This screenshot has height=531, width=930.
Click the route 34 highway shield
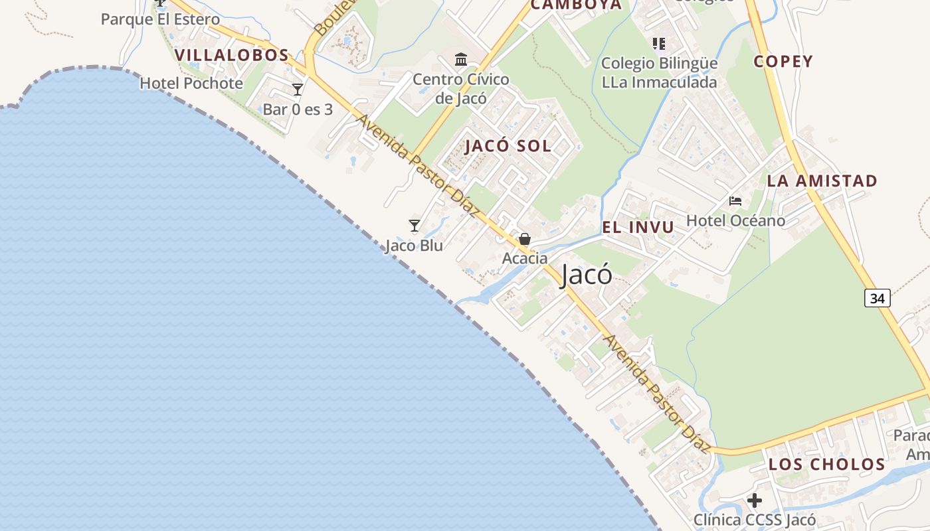(877, 299)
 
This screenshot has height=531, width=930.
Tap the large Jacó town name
(586, 275)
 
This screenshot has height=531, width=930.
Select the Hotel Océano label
(735, 220)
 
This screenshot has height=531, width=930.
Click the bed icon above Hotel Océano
(735, 200)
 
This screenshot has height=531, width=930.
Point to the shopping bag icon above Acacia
(525, 239)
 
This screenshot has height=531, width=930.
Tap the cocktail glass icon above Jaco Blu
(415, 226)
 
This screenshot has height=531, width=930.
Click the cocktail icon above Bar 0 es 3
(298, 90)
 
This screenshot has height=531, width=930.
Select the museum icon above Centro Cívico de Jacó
(461, 60)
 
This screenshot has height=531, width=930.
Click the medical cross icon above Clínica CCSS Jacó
(755, 500)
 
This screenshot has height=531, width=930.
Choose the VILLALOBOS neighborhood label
(232, 55)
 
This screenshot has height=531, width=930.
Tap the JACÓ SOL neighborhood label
(508, 146)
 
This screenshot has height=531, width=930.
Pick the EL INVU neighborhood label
(638, 227)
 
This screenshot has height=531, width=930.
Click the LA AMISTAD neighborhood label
(822, 181)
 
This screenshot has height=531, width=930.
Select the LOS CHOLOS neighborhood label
(827, 464)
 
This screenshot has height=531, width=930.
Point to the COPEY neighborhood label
(783, 62)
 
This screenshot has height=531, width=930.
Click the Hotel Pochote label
(191, 84)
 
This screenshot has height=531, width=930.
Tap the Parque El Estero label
(160, 19)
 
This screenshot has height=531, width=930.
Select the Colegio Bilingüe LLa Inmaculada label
(659, 73)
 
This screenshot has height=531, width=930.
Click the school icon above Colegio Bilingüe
(659, 44)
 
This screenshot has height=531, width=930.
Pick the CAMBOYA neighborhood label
(577, 5)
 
